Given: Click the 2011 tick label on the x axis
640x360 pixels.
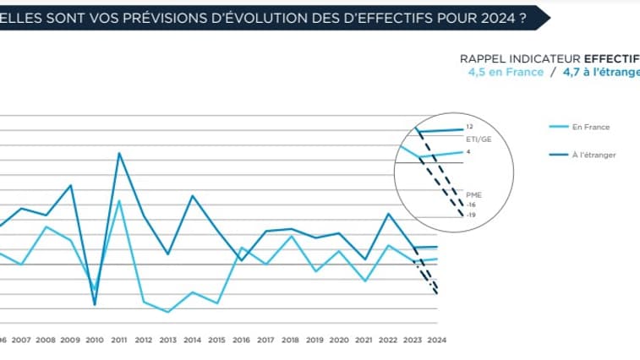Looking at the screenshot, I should coord(119,340).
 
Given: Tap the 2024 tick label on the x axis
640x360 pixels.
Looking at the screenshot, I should coord(436,340).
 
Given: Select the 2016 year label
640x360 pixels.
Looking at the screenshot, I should coord(241,340).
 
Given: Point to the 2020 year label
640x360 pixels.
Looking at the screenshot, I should coord(339,340).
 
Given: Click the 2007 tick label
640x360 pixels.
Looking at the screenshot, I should coord(21,340).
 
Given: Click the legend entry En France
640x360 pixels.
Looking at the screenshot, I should coord(591,127).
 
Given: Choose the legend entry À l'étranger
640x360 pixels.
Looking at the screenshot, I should coord(594,155).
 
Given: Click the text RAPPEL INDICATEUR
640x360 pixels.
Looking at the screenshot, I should coord(518,59).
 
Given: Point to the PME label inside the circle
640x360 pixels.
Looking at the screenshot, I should coord(473,194).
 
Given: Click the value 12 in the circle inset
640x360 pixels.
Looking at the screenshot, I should coord(469,127).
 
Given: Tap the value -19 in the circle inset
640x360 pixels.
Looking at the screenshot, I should coord(472,215).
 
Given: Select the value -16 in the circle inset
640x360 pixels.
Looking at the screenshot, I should coord(472,205).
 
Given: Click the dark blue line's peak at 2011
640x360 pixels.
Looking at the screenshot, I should coord(119,153).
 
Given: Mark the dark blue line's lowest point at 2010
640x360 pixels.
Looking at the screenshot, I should coord(95,303).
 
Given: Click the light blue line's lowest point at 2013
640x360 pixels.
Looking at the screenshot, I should coord(168,312).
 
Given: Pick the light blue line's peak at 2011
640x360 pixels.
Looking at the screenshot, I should coord(119,201).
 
